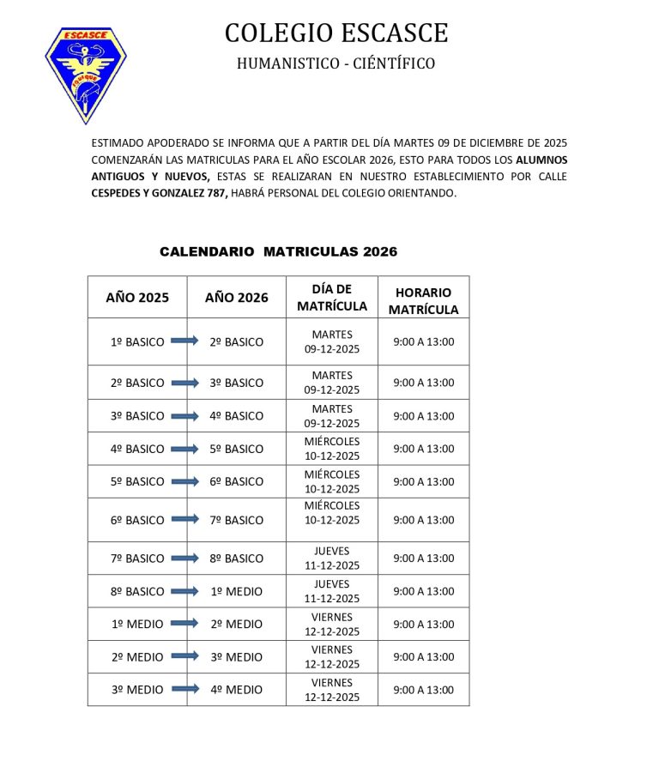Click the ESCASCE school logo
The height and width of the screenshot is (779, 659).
pyautogui.click(x=85, y=73)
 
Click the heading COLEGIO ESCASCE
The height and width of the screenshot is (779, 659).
pyautogui.click(x=336, y=33)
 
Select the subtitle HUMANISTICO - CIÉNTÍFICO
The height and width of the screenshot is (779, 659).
pyautogui.click(x=336, y=63)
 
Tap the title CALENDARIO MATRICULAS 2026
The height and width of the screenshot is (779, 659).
pyautogui.click(x=278, y=251)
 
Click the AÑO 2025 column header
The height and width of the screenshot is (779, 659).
pyautogui.click(x=137, y=298)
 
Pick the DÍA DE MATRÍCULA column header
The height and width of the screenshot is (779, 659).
pyautogui.click(x=332, y=298)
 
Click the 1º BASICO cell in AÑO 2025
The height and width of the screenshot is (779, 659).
pyautogui.click(x=137, y=341)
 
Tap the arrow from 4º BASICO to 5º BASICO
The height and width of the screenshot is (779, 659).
pyautogui.click(x=184, y=448)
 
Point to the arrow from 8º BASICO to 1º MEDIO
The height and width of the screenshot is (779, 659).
pyautogui.click(x=184, y=590)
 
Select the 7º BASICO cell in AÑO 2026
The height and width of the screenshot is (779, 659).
pyautogui.click(x=237, y=520)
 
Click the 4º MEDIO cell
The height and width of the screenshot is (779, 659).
pyautogui.click(x=237, y=689)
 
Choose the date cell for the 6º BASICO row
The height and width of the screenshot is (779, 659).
pyautogui.click(x=332, y=513)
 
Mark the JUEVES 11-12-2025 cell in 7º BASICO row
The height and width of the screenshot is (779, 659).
pyautogui.click(x=332, y=559)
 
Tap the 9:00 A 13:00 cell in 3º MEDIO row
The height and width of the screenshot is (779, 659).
pyautogui.click(x=423, y=689)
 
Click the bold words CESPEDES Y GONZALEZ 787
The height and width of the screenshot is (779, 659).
pyautogui.click(x=160, y=194)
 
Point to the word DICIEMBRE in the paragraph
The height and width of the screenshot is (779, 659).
pyautogui.click(x=487, y=142)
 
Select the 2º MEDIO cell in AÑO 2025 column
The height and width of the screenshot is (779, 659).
pyautogui.click(x=137, y=656)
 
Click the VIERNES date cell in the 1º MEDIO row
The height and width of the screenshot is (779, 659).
pyautogui.click(x=332, y=624)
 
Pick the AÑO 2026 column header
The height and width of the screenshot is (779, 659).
pyautogui.click(x=237, y=298)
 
